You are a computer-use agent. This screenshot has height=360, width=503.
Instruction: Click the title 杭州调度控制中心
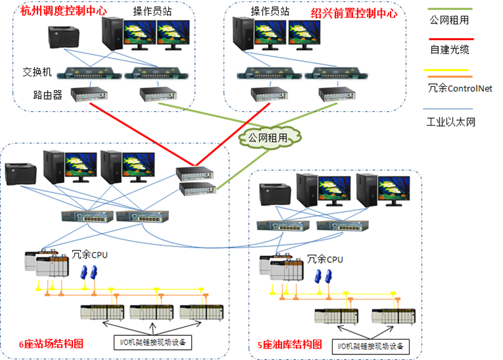63,11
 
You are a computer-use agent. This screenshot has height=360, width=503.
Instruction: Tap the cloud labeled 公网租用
267,136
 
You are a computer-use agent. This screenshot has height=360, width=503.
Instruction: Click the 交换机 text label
37,72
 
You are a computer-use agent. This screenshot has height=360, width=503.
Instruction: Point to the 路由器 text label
48,95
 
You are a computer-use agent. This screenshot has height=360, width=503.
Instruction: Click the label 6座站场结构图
51,343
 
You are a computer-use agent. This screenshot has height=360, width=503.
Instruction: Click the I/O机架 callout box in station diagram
152,342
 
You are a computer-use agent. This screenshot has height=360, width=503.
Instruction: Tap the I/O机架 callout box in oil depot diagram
370,347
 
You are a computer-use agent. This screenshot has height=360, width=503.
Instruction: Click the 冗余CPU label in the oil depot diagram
325,259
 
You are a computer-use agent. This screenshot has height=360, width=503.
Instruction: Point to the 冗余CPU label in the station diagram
91,255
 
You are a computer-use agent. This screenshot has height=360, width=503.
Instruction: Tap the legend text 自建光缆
449,49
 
